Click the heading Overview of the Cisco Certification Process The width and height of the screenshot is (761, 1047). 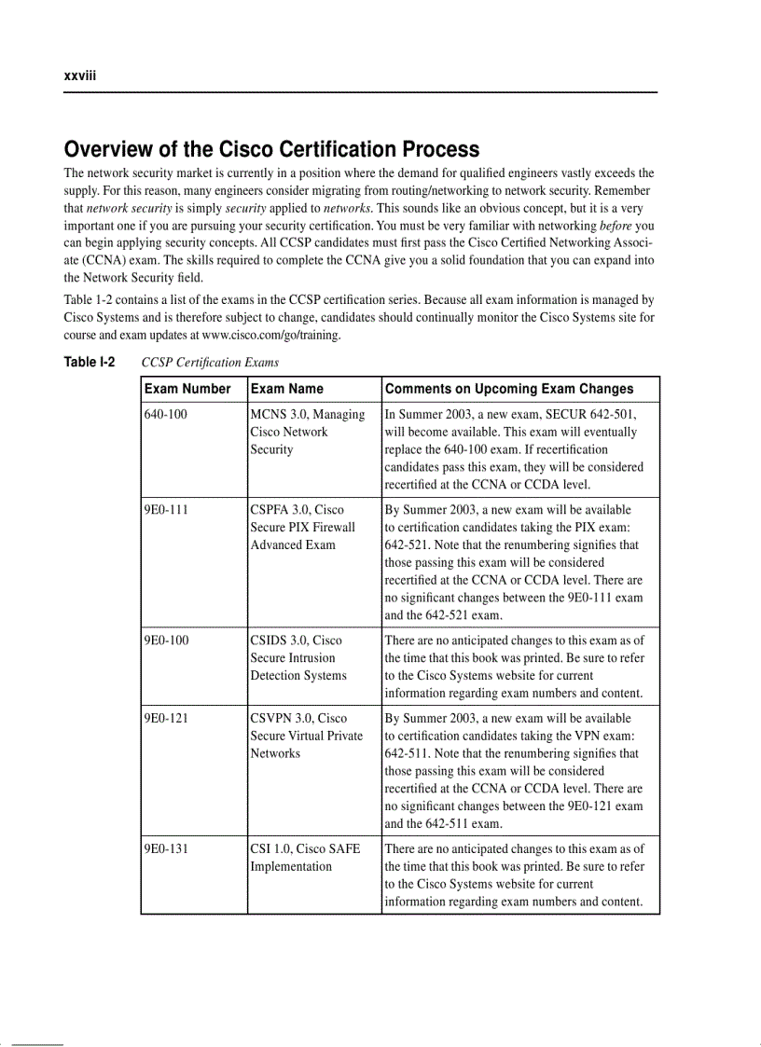coord(271,149)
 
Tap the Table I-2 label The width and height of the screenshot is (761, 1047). coord(89,362)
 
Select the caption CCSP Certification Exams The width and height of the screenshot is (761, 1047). coord(210,363)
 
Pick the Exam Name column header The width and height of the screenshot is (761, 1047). coord(287,389)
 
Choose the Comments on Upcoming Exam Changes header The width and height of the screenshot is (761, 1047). coord(509,389)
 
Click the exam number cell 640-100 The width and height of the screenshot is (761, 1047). coord(165,414)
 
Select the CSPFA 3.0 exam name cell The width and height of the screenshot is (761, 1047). coord(302,527)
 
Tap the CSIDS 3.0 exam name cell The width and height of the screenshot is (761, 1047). coord(297,657)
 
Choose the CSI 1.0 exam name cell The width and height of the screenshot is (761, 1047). coord(304,858)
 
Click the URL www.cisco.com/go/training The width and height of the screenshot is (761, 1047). coord(270,335)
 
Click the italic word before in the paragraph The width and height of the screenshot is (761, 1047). coord(616,226)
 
